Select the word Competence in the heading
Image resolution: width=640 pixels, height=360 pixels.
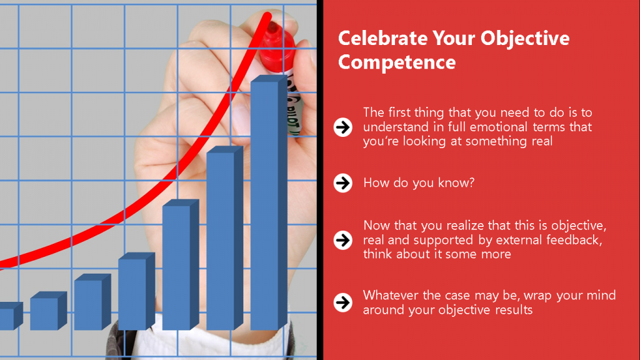397,62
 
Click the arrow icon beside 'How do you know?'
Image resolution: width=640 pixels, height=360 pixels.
343,183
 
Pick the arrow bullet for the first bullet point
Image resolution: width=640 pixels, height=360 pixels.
343,127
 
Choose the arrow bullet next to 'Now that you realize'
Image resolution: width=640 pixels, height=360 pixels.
343,240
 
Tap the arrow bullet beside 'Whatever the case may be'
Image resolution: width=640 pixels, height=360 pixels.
343,302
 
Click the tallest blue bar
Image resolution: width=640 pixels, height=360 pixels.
269,202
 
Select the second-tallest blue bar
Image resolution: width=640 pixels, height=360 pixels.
224,238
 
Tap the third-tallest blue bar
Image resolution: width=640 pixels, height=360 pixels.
181,264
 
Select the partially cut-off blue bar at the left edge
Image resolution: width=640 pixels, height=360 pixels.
11,316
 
